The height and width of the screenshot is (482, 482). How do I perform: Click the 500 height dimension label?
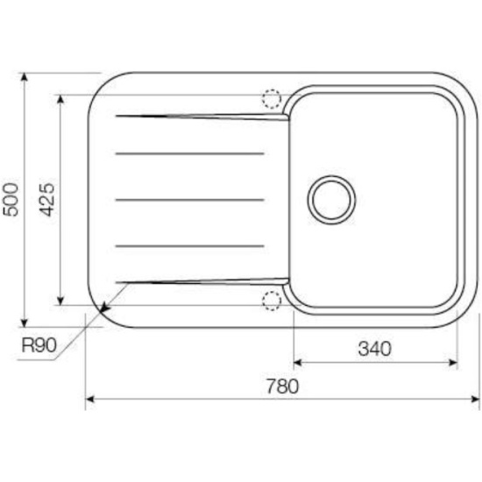(x=11, y=200)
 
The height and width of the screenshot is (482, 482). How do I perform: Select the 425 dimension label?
(x=47, y=200)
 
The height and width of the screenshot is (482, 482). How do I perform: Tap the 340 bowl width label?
(x=375, y=349)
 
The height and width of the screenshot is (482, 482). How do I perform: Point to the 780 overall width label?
(x=282, y=386)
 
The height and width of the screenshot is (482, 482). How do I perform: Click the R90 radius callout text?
(x=39, y=345)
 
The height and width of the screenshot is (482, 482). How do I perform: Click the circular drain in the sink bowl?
(x=331, y=200)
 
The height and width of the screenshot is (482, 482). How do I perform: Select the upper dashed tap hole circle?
(x=272, y=99)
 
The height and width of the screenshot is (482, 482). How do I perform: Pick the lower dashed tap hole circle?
(x=272, y=301)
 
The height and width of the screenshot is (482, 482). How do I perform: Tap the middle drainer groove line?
(x=190, y=200)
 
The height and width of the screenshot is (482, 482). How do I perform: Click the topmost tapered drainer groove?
(x=202, y=117)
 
